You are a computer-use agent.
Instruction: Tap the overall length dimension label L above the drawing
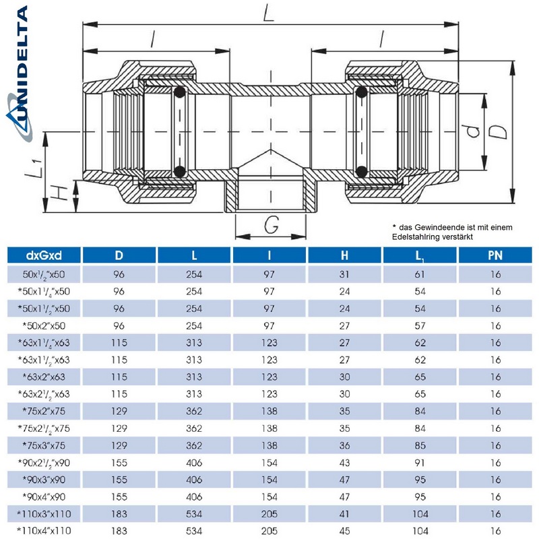268,13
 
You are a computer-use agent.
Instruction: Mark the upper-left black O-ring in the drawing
180,94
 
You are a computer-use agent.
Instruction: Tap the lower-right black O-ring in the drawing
362,170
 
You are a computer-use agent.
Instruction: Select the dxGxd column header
44,256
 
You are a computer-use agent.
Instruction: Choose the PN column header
495,256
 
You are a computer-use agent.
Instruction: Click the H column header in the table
345,256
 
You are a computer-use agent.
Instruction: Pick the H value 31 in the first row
345,274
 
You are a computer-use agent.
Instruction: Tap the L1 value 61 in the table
420,274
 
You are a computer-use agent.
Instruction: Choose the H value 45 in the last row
345,531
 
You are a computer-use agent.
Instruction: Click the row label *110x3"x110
44,514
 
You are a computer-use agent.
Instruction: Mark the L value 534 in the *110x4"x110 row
195,531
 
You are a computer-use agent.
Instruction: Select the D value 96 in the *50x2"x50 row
119,327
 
